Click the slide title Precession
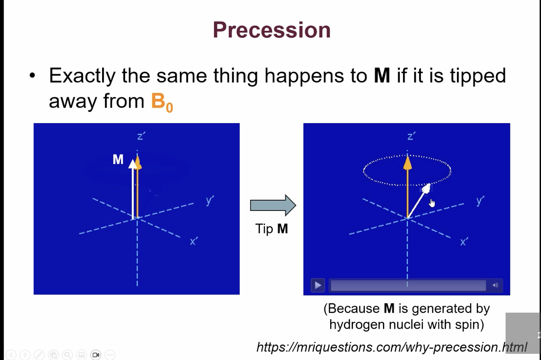(x=271, y=30)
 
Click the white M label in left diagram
(x=118, y=159)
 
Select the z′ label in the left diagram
(x=141, y=136)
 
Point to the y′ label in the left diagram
(x=210, y=201)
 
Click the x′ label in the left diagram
(x=194, y=241)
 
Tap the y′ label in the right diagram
(x=480, y=201)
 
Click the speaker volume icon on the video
(x=495, y=285)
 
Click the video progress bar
(x=408, y=285)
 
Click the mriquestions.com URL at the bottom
(x=391, y=347)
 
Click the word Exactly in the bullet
(x=82, y=76)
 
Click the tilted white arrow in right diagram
(x=418, y=202)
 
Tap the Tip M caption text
(x=271, y=229)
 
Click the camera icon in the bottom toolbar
(x=96, y=355)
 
